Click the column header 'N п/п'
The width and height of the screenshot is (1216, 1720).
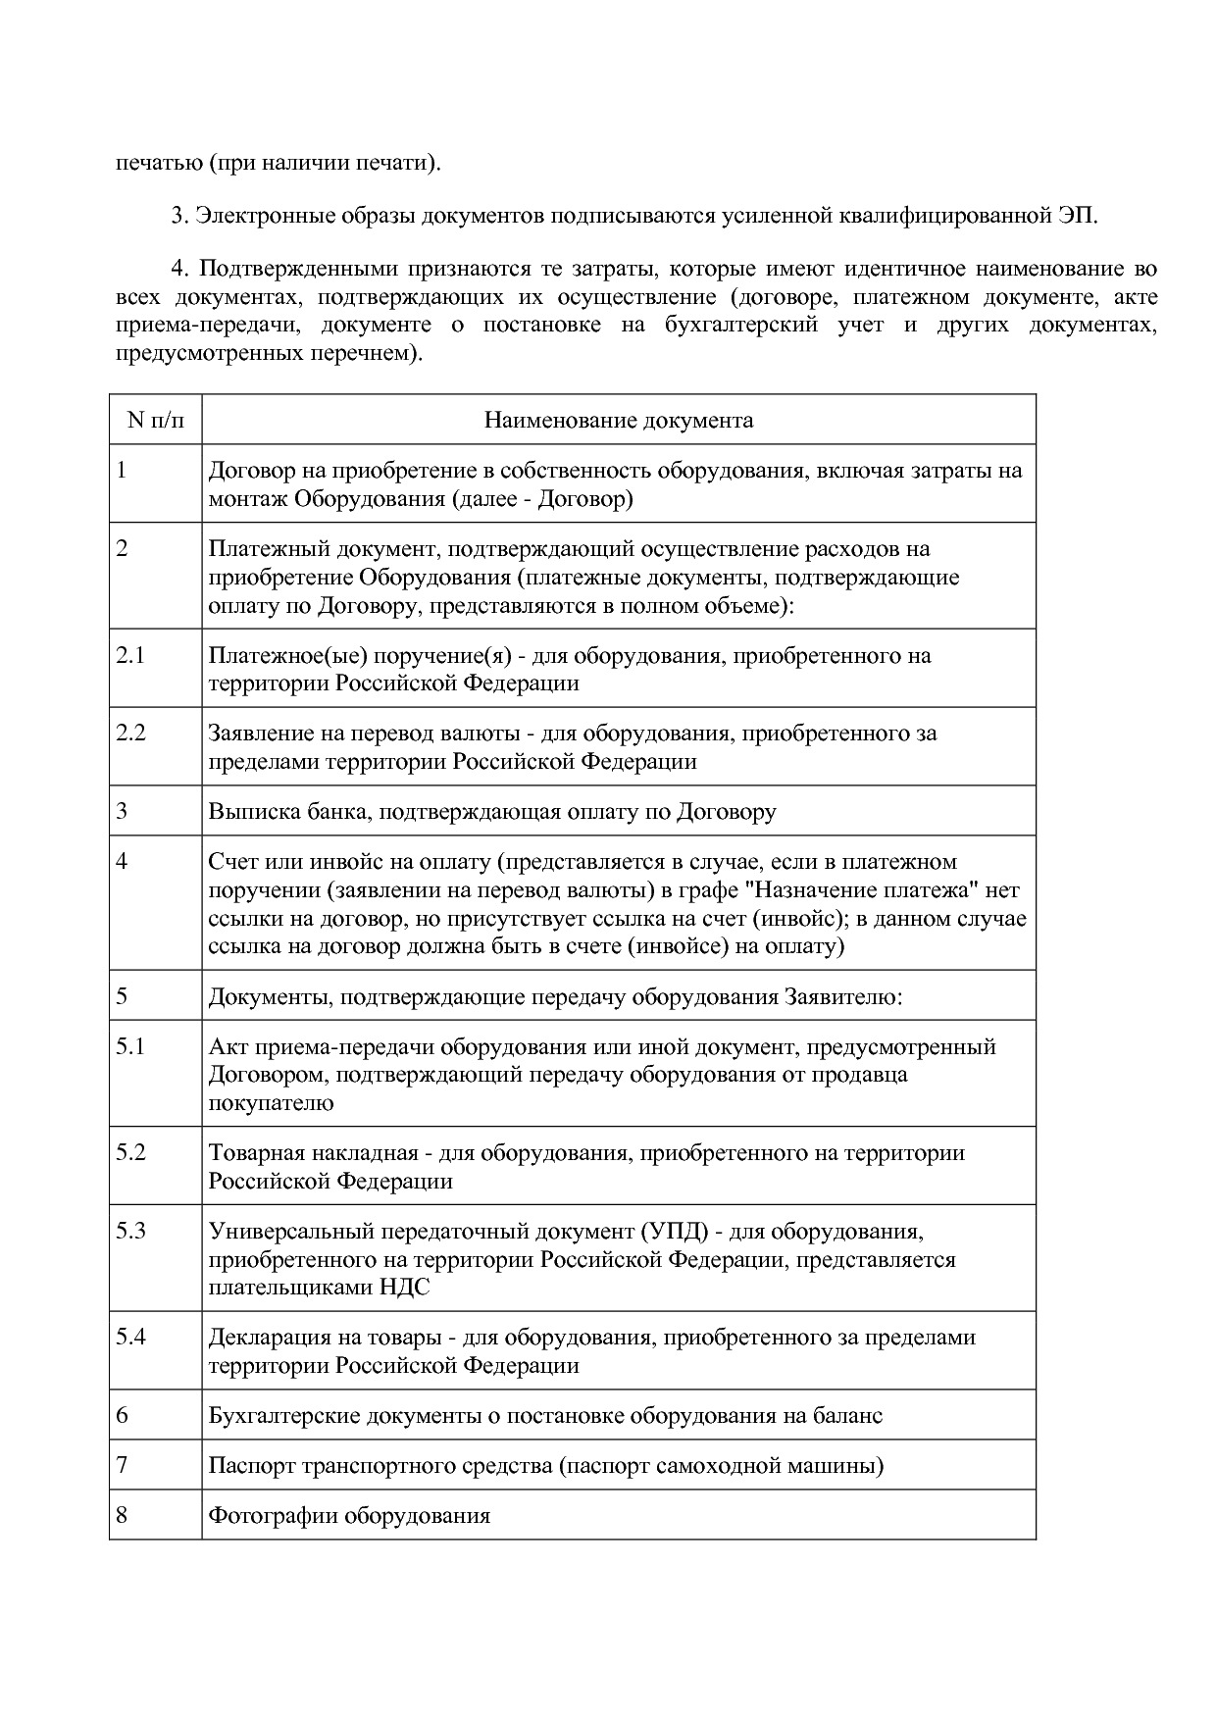[x=155, y=421]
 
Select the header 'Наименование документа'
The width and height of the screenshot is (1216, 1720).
[x=619, y=421]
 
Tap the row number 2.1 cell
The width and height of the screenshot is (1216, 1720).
[x=130, y=655]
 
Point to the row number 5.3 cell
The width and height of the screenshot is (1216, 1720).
[x=130, y=1231]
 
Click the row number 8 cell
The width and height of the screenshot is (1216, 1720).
[x=122, y=1515]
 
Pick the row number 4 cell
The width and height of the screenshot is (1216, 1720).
[x=122, y=862]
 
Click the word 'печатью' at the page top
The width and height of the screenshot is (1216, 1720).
[x=157, y=162]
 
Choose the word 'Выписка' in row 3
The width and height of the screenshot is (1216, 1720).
[x=247, y=812]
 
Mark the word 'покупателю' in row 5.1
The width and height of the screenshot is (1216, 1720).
[x=271, y=1103]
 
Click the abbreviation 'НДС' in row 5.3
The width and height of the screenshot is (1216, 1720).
[x=404, y=1288]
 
